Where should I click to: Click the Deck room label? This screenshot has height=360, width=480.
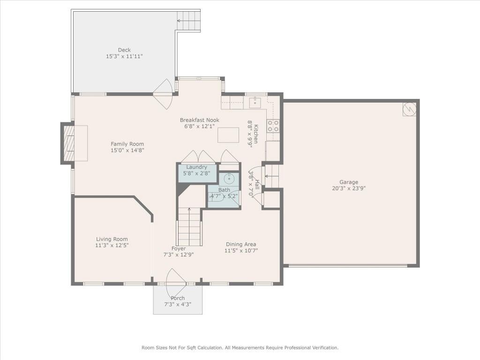pyautogui.click(x=124, y=50)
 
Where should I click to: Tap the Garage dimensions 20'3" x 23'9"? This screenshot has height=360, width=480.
pyautogui.click(x=349, y=188)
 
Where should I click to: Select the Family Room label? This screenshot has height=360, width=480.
pyautogui.click(x=127, y=144)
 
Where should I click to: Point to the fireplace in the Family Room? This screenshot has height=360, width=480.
pyautogui.click(x=68, y=143)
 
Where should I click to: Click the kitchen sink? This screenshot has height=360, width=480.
pyautogui.click(x=255, y=103)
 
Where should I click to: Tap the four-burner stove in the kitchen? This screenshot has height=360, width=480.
pyautogui.click(x=273, y=126)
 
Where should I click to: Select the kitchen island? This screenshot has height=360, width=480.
pyautogui.click(x=228, y=135)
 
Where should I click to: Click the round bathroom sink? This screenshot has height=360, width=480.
pyautogui.click(x=229, y=178)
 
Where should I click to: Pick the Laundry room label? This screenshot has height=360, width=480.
pyautogui.click(x=196, y=167)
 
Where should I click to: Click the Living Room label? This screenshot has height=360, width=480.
pyautogui.click(x=112, y=239)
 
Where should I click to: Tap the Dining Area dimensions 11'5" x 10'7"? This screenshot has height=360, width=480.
pyautogui.click(x=241, y=251)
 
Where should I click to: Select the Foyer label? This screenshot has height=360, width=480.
pyautogui.click(x=179, y=248)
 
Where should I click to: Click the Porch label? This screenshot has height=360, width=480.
pyautogui.click(x=178, y=298)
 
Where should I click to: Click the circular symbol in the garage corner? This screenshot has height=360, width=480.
pyautogui.click(x=409, y=109)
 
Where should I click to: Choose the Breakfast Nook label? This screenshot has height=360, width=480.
pyautogui.click(x=200, y=120)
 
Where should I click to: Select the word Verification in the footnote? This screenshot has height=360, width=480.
pyautogui.click(x=325, y=348)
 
